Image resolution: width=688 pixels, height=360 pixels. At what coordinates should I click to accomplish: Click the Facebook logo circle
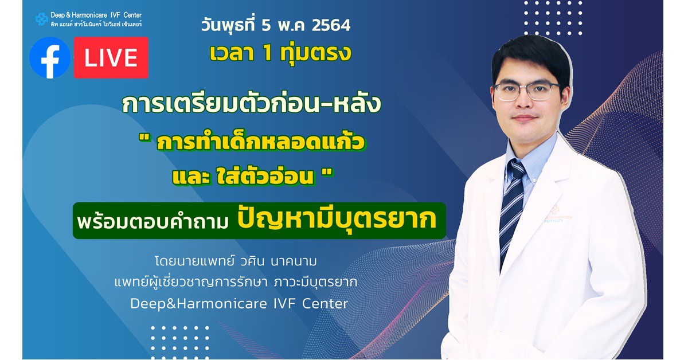(50, 58)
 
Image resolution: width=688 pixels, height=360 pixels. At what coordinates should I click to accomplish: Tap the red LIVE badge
(111, 57)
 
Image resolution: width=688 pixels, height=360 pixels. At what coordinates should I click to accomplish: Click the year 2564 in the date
(331, 25)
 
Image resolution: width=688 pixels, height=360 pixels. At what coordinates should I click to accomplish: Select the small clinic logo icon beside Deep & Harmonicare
(41, 19)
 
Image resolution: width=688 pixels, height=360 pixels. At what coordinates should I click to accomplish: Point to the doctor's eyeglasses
(526, 91)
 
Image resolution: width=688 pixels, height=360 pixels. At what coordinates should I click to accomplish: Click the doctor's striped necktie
(511, 209)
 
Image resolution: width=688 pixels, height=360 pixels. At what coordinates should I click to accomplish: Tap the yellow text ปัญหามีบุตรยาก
(337, 219)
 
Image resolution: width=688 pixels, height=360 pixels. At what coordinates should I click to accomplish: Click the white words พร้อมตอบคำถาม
(153, 221)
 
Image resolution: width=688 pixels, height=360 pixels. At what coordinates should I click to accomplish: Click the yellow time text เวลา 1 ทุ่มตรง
(280, 53)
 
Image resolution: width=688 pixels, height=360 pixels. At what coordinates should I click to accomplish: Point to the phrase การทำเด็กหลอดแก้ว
(261, 142)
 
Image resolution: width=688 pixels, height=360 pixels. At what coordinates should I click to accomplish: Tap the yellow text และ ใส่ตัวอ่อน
(243, 177)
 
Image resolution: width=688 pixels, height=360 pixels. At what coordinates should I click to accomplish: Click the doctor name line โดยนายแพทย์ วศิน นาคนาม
(236, 261)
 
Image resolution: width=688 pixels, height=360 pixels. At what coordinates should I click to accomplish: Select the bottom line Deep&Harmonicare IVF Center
(239, 304)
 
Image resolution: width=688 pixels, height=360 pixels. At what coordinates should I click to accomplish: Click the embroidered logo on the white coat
(557, 214)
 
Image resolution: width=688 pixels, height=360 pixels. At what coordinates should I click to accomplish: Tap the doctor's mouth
(524, 118)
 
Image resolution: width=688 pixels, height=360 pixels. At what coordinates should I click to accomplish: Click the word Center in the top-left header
(132, 15)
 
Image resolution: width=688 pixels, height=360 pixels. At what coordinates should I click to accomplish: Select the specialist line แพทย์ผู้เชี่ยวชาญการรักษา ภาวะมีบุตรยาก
(236, 282)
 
